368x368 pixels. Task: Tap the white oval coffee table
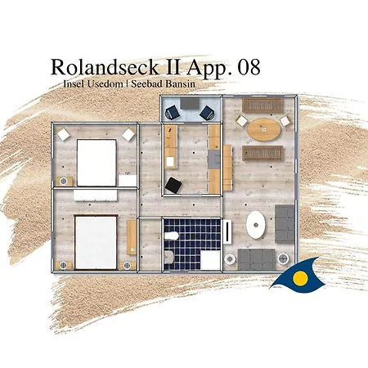click(257, 223)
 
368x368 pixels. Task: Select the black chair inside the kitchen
click(173, 186)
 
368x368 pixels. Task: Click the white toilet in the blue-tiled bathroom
click(168, 237)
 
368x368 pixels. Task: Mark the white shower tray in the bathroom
click(210, 260)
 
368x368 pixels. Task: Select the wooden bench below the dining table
click(263, 153)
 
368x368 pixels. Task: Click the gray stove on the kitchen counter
click(214, 156)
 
